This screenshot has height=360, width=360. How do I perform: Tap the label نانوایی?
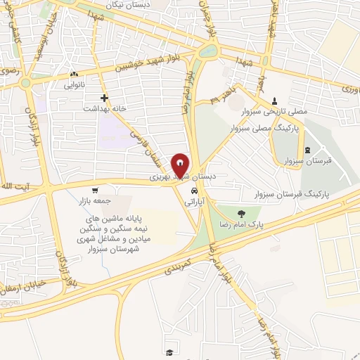[75, 85]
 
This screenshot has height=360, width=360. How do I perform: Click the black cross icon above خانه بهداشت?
[105, 98]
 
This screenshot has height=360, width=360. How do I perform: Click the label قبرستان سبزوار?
[308, 162]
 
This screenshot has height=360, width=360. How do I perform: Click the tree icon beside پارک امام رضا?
[241, 214]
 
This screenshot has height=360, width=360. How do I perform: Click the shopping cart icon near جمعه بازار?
[94, 190]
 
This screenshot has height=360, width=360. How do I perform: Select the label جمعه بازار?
[95, 200]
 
